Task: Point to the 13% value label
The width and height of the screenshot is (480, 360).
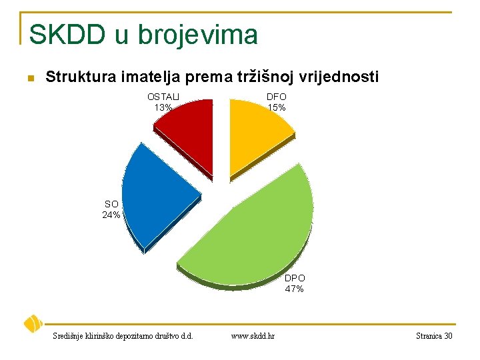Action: pos(163,107)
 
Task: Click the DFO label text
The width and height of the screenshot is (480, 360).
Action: pos(277,97)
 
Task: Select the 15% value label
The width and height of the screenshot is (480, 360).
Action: pos(277,107)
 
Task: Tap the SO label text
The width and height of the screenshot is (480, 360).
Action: pos(111,204)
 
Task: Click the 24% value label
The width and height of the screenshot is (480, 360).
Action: pos(111,215)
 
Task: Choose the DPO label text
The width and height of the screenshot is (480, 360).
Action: pos(295,278)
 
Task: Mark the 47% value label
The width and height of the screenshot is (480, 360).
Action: pos(295,289)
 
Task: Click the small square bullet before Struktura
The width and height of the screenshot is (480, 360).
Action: pos(29,79)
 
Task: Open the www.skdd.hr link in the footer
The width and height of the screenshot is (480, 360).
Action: pos(253,336)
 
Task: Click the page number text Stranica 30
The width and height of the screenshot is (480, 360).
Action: pos(433,336)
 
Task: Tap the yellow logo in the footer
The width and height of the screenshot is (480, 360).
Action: pos(33,324)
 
